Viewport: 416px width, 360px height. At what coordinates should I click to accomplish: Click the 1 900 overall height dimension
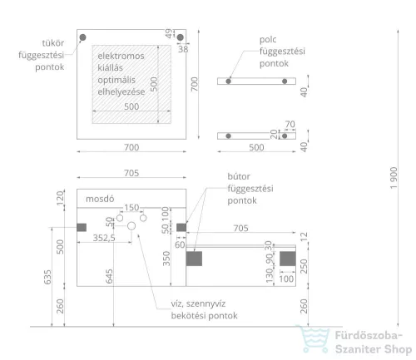coord(394,178)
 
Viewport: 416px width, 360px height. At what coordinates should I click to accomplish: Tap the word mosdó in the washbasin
coord(100,199)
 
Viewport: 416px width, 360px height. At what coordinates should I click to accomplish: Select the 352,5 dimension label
coord(104,238)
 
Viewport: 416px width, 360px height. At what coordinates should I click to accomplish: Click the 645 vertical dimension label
coord(109,276)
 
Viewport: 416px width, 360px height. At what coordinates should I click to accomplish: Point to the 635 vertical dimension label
coord(47,277)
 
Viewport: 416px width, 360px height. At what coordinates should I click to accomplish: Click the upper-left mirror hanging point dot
coord(82,37)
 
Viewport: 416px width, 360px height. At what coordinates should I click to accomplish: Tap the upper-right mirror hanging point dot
coord(181,37)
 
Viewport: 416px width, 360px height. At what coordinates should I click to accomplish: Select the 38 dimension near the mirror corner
coord(183,49)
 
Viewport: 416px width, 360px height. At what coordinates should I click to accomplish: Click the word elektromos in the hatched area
coord(121,56)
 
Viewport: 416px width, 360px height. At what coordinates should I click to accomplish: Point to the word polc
coord(268,40)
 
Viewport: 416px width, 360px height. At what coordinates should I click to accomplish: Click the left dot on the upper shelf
coord(228,81)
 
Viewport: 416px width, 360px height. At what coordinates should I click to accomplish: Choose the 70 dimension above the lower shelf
coord(290,124)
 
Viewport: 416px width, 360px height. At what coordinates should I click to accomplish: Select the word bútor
coord(239,176)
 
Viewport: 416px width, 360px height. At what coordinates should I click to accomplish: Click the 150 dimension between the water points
coord(131,208)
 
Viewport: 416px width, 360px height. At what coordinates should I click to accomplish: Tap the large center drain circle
coord(131,226)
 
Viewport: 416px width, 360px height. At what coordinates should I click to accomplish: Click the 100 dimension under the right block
coord(286,279)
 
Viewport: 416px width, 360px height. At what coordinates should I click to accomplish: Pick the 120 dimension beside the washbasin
coord(60,199)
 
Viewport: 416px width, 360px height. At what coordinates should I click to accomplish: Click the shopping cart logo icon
coord(313,339)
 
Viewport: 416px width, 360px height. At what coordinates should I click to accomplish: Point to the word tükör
coord(53,43)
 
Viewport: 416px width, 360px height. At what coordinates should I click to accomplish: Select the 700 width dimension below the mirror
coord(131,147)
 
